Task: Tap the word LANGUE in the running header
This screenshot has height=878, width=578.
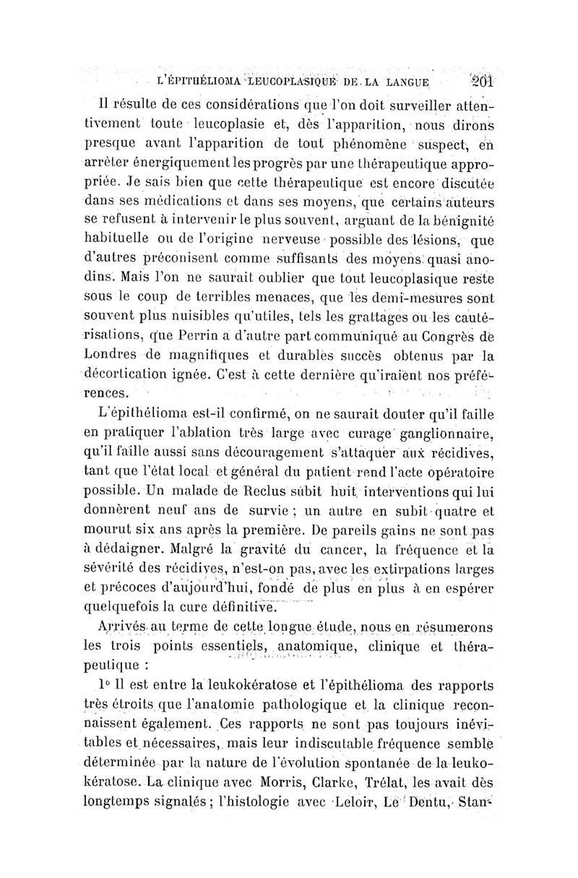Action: click(397, 82)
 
